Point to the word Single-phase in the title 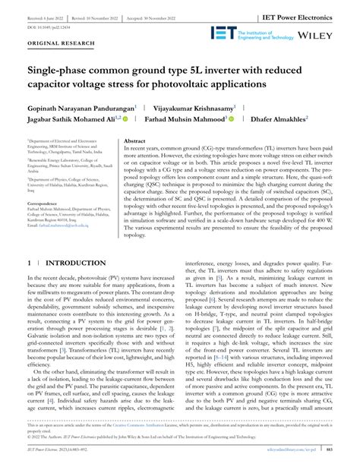[x=63, y=70]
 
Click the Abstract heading [x=134, y=141]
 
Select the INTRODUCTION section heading [x=71, y=263]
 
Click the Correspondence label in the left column [x=46, y=204]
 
